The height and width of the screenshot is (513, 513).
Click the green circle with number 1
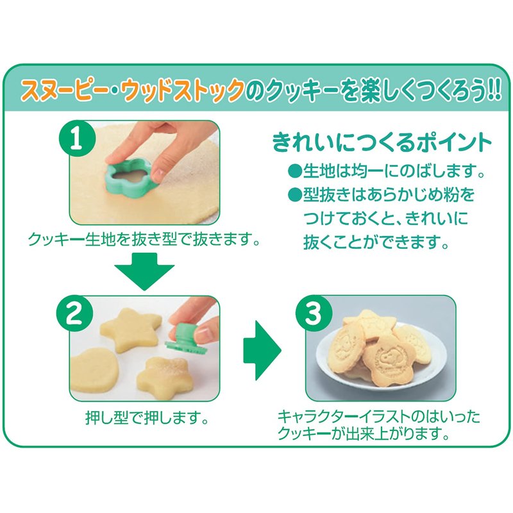(77, 139)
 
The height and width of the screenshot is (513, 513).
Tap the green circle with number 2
(74, 314)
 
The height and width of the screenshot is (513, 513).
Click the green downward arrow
(145, 271)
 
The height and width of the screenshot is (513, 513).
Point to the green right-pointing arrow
(262, 350)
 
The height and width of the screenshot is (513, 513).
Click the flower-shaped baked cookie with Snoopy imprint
(389, 359)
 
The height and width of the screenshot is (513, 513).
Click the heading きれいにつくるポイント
(382, 142)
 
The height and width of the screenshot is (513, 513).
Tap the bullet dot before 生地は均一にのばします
(295, 171)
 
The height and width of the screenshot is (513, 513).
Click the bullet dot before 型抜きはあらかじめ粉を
(295, 195)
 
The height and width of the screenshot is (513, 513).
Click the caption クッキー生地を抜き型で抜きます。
(144, 240)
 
